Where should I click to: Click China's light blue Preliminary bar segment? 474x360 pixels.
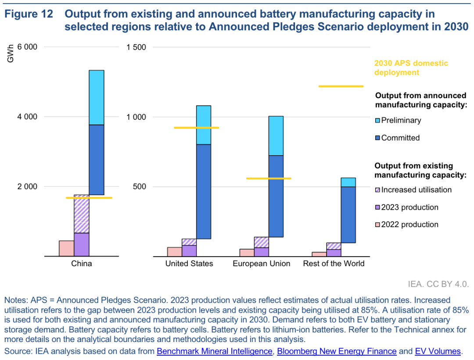[x=96, y=97]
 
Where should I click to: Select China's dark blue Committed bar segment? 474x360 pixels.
[x=96, y=160]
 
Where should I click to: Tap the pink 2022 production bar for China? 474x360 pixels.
[x=66, y=248]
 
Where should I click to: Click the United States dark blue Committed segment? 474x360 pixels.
[x=204, y=191]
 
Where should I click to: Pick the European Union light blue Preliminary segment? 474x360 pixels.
[x=276, y=135]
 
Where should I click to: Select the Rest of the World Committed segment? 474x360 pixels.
[x=348, y=214]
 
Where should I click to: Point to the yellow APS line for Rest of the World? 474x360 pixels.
[x=341, y=86]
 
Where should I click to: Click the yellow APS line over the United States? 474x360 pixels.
[x=196, y=128]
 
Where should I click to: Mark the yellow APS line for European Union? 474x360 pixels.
[x=269, y=178]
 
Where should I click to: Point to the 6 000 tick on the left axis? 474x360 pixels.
[x=27, y=47]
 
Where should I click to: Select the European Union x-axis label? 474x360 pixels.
[x=261, y=264]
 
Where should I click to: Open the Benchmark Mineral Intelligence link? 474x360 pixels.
[x=214, y=351]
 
